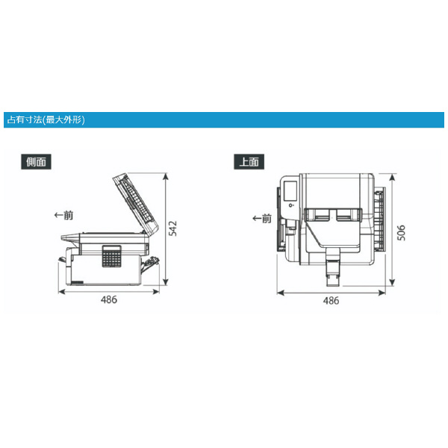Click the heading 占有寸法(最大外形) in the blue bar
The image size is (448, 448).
coord(46,119)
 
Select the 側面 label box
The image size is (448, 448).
coord(37,161)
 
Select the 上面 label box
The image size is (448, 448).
coord(249,161)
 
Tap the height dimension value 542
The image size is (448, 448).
coord(173,228)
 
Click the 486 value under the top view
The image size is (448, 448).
coord(331,300)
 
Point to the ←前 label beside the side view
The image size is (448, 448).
coord(64,215)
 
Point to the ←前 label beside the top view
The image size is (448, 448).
coord(262,218)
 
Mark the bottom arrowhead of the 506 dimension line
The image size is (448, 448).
coord(391,284)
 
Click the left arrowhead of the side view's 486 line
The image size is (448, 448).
coord(59,291)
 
